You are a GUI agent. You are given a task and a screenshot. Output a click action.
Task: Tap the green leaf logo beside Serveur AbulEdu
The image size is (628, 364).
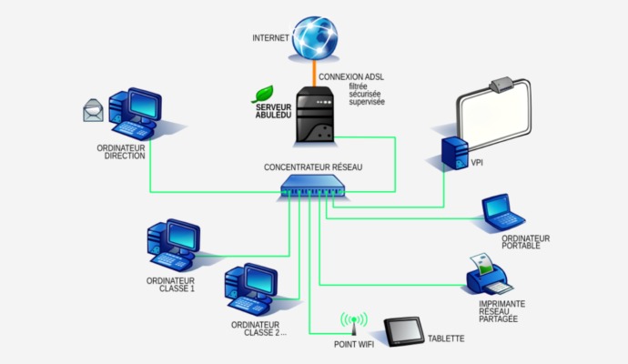pyautogui.click(x=263, y=94)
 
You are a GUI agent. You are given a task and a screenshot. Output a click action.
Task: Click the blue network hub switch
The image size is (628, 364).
pyautogui.click(x=315, y=188)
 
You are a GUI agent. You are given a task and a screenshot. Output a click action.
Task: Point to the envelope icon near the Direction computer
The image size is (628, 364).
pyautogui.click(x=93, y=112)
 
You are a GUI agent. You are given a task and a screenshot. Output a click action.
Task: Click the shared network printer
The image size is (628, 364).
pyautogui.click(x=490, y=270)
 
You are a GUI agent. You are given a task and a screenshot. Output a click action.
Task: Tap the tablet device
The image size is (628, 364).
pyautogui.click(x=403, y=331)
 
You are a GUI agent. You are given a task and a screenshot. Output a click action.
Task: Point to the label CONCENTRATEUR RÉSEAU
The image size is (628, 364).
pyautogui.click(x=313, y=167)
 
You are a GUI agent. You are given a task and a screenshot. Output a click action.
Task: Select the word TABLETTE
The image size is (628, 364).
pyautogui.click(x=446, y=339)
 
